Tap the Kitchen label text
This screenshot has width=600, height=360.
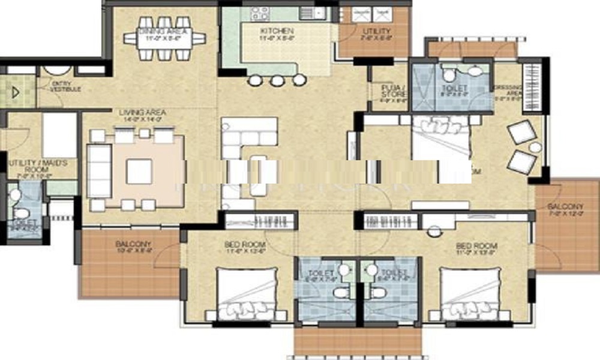click(x=277, y=31)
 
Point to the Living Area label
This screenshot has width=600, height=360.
click(x=142, y=112)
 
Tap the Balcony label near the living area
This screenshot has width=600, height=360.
click(x=133, y=245)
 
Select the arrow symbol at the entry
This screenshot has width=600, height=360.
click(x=16, y=93)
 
